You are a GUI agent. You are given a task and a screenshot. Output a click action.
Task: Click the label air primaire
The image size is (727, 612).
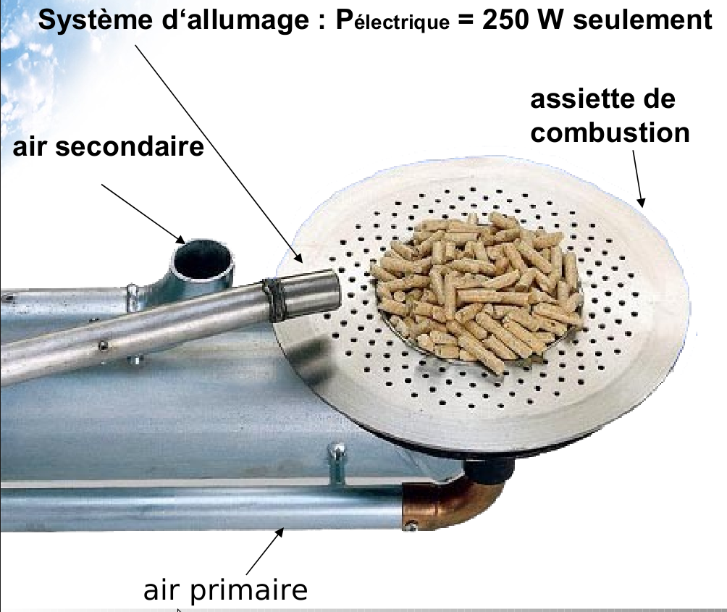(x=225, y=590)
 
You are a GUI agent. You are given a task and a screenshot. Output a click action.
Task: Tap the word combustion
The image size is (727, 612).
(x=610, y=133)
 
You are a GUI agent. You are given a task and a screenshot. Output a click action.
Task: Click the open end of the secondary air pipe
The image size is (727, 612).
(x=203, y=256)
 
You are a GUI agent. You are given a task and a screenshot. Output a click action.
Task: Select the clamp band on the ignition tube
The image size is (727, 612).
(x=275, y=299)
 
